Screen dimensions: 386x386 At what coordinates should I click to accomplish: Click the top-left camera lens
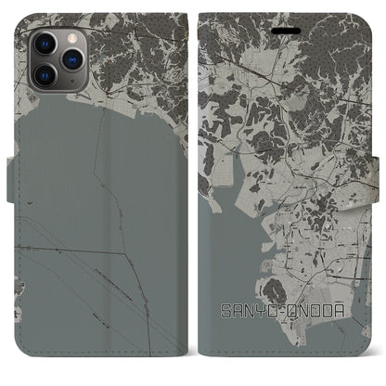[x=45, y=42]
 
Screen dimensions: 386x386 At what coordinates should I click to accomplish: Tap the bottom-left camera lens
[x=45, y=71]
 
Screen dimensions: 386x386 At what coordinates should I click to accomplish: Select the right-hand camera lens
[x=70, y=57]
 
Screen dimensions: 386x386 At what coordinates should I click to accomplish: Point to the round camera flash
[x=70, y=37]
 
